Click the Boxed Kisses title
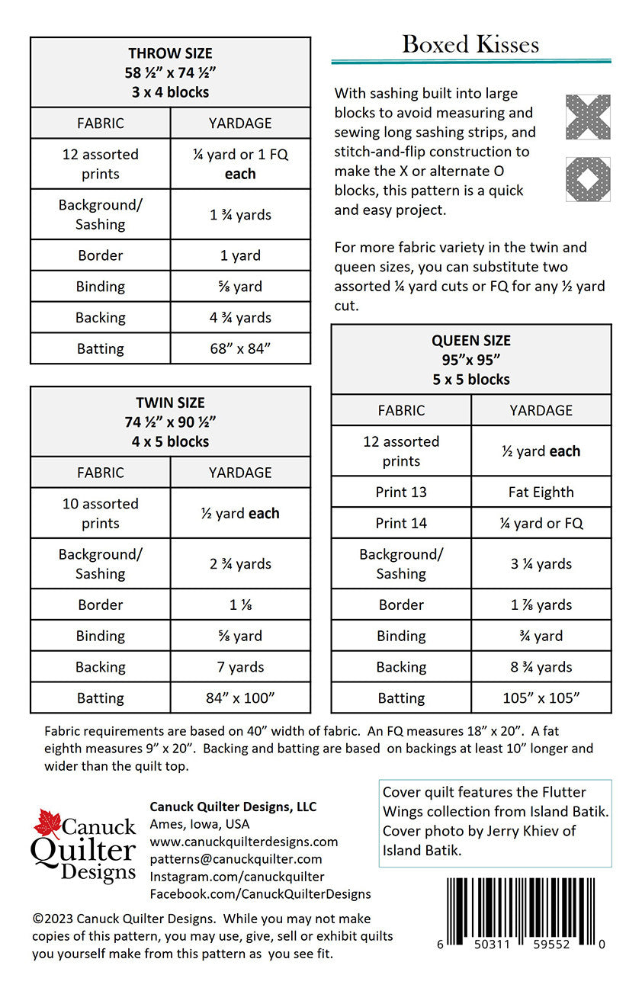click(470, 44)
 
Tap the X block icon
click(588, 117)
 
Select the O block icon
click(588, 178)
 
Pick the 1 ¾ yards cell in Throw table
click(240, 214)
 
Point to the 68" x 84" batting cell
click(240, 348)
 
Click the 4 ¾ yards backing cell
click(240, 317)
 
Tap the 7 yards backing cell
click(240, 666)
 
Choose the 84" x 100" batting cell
click(240, 698)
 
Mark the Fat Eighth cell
click(541, 492)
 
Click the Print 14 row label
click(401, 523)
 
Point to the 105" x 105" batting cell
click(541, 698)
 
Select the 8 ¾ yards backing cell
click(541, 666)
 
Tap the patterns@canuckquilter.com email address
click(236, 859)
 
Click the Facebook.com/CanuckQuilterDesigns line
click(260, 893)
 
